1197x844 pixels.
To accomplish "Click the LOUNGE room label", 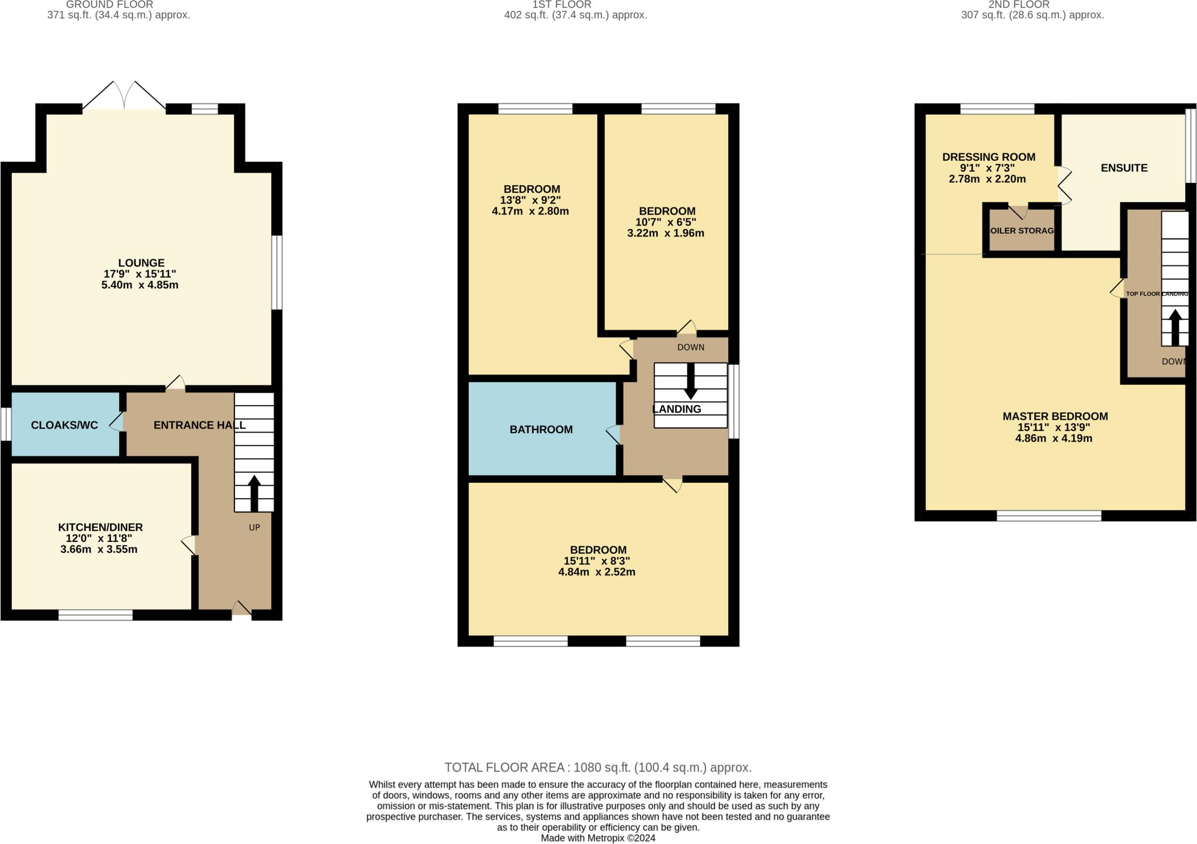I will pyautogui.click(x=141, y=263).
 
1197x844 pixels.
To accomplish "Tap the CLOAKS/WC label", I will pyautogui.click(x=64, y=426).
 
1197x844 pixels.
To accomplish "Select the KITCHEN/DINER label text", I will pyautogui.click(x=101, y=527).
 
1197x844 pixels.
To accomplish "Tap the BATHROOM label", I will pyautogui.click(x=541, y=430).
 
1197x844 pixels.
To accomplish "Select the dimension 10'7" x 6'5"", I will pyautogui.click(x=666, y=222).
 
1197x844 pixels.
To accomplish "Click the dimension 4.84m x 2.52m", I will pyautogui.click(x=597, y=572).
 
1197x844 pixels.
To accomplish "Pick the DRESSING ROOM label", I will pyautogui.click(x=988, y=157).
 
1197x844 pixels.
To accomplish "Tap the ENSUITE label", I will pyautogui.click(x=1124, y=168).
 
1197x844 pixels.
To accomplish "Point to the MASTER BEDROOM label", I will pyautogui.click(x=1055, y=417).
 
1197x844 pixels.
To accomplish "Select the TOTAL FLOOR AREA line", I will pyautogui.click(x=598, y=767).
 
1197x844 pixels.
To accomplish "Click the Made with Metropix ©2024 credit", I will pyautogui.click(x=598, y=838).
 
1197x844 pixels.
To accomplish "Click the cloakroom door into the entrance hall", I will pyautogui.click(x=117, y=422).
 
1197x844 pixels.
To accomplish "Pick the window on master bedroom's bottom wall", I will pyautogui.click(x=1049, y=516).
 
